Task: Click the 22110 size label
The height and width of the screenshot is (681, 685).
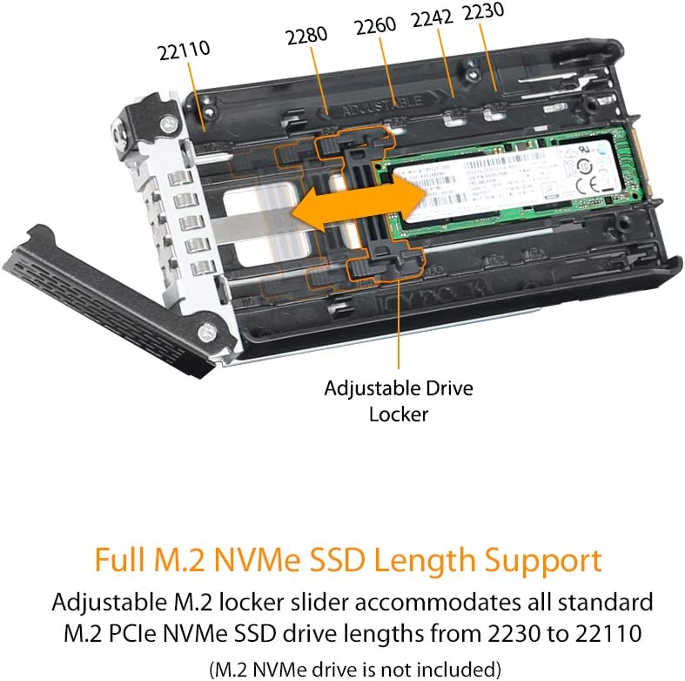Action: [185, 51]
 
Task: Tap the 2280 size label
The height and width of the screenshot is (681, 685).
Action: [306, 36]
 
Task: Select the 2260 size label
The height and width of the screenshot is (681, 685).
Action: [375, 26]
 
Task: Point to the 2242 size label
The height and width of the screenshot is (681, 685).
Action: [431, 18]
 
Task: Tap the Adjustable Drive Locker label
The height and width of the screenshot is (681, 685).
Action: [399, 400]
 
